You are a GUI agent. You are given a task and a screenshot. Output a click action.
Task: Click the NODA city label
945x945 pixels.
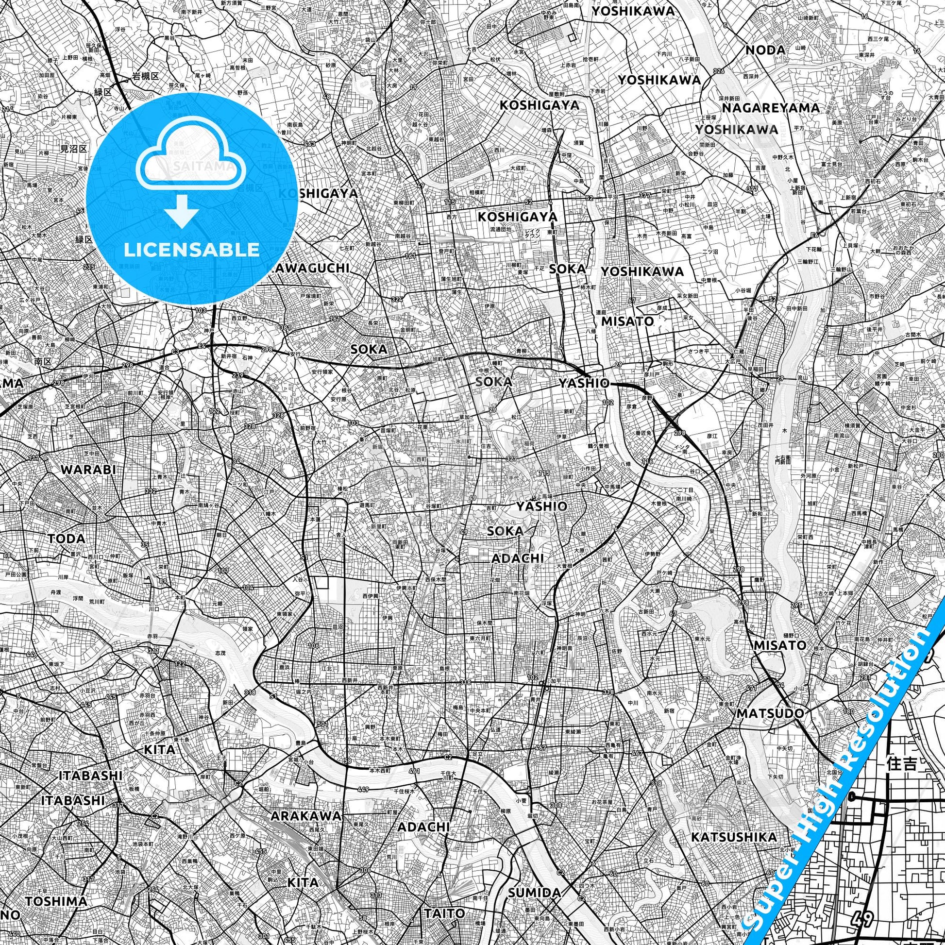click(765, 50)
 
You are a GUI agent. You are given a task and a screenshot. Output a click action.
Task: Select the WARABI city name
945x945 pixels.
click(88, 470)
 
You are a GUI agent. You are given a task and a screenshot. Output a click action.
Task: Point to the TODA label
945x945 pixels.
click(67, 539)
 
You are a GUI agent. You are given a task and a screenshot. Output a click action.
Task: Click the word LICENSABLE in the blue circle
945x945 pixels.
click(192, 250)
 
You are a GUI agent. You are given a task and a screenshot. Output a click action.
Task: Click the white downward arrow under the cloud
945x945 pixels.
click(182, 210)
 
